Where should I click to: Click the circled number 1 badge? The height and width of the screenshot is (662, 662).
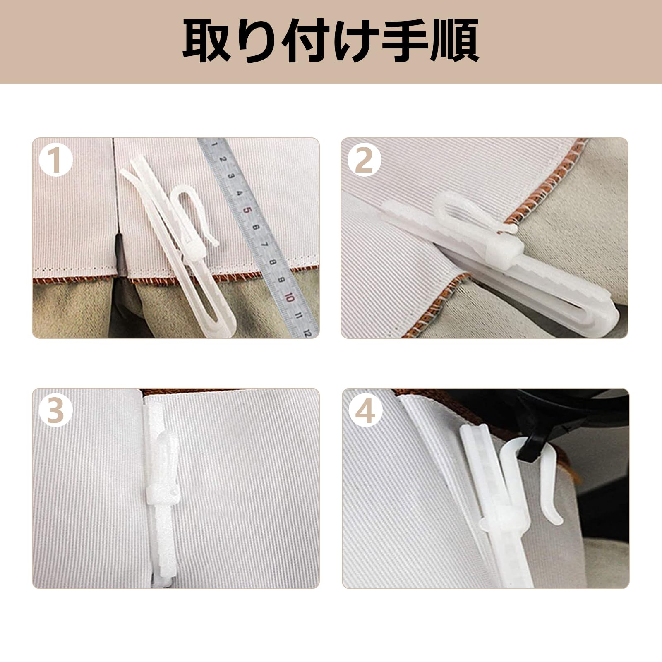coord(57,161)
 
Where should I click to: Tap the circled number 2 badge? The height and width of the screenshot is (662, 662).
coord(364,161)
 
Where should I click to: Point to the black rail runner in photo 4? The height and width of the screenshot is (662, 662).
coord(530,451)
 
